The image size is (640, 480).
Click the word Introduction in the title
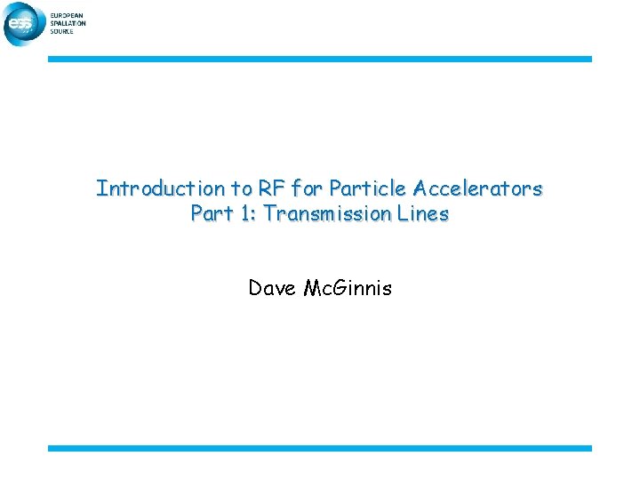pyautogui.click(x=148, y=188)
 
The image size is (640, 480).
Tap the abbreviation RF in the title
pyautogui.click(x=268, y=188)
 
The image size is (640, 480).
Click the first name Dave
pyautogui.click(x=273, y=288)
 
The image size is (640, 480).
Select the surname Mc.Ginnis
pyautogui.click(x=348, y=288)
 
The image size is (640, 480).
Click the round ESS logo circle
pyautogui.click(x=22, y=25)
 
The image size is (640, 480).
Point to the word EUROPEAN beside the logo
pyautogui.click(x=68, y=16)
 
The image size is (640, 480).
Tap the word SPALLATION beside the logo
pyautogui.click(x=68, y=23)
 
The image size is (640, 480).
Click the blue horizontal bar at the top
pyautogui.click(x=319, y=60)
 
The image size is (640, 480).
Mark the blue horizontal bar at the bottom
pyautogui.click(x=319, y=448)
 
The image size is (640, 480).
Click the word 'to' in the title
pyautogui.click(x=240, y=188)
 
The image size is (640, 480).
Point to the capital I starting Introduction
pyautogui.click(x=100, y=188)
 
